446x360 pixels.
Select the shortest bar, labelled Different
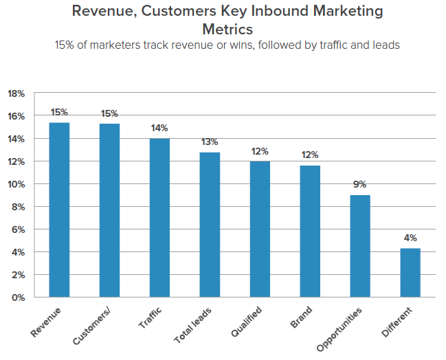[x=410, y=273]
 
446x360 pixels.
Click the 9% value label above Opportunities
[x=360, y=184]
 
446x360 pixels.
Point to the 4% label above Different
[x=410, y=238]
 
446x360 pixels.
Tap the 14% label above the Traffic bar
[x=160, y=128]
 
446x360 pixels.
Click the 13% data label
[x=210, y=142]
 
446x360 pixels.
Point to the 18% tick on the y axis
[x=16, y=93]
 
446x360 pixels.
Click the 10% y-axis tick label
[x=16, y=184]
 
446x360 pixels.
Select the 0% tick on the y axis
[x=18, y=297]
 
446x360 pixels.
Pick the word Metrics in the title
[x=227, y=29]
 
